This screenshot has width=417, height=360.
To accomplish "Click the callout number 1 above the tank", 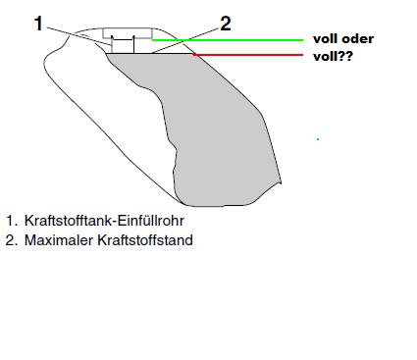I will click(x=39, y=23).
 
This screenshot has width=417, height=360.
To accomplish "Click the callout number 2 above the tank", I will click(x=226, y=23).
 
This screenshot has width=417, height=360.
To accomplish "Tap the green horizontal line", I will click(x=245, y=40).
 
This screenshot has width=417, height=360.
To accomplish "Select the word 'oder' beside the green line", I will click(x=357, y=39).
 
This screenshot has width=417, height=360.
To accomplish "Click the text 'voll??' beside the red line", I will click(x=334, y=57).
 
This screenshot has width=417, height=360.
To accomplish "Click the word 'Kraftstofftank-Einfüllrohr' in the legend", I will click(x=102, y=222).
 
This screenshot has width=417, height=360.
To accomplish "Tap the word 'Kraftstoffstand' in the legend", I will click(x=147, y=239).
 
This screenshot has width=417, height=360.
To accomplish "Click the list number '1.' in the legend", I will click(x=11, y=222).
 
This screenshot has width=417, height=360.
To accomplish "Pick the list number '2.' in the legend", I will click(x=11, y=239).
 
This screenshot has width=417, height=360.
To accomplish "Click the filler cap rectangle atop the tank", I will click(x=122, y=34).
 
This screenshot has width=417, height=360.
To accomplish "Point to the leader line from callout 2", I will click(x=186, y=37).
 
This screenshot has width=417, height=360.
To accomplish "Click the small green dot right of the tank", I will click(x=318, y=139).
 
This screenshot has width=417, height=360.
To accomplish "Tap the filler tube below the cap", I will click(x=122, y=45).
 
